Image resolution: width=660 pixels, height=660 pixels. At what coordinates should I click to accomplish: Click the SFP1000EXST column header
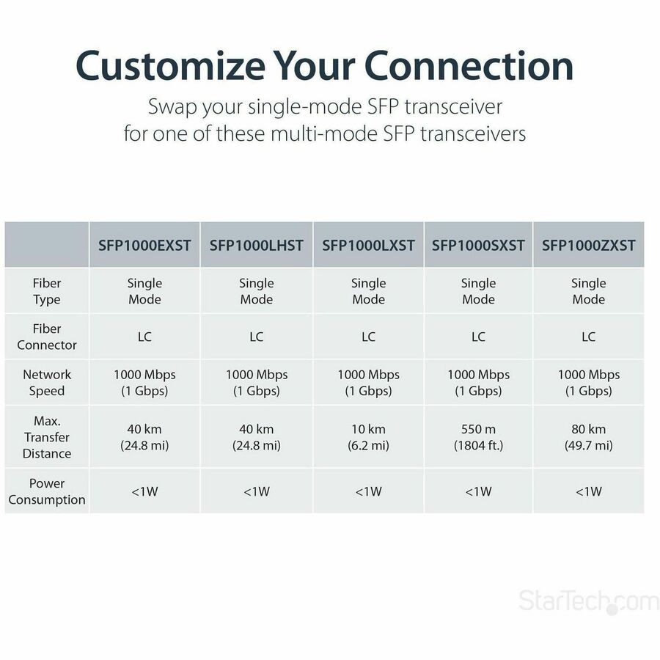(x=144, y=245)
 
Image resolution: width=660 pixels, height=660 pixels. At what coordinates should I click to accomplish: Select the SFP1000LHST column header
(x=256, y=245)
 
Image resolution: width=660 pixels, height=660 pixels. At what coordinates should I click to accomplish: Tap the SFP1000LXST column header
(x=368, y=245)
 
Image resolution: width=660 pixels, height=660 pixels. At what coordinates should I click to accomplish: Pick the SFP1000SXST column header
(x=478, y=245)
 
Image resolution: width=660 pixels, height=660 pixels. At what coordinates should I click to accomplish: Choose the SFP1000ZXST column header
(x=588, y=245)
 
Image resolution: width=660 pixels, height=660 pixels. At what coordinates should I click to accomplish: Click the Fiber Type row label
(x=47, y=291)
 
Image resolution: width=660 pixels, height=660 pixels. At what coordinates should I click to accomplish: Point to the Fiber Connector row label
(x=47, y=337)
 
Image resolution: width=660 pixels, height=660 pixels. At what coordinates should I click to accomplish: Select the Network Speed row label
(x=47, y=382)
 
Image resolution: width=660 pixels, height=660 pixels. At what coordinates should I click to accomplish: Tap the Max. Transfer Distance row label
(x=47, y=437)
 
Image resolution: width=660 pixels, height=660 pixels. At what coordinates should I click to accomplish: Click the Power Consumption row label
(x=47, y=491)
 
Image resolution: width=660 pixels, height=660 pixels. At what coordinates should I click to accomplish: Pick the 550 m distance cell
(x=478, y=437)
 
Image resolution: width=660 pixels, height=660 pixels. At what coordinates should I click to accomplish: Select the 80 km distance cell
(x=588, y=437)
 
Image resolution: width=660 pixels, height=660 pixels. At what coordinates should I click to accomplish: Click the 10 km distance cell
(x=368, y=437)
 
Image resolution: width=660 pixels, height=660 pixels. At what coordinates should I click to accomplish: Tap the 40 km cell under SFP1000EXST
(x=144, y=437)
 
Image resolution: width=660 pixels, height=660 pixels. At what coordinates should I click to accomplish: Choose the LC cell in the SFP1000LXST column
(x=368, y=337)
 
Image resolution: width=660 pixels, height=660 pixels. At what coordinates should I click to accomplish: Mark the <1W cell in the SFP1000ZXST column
(x=588, y=491)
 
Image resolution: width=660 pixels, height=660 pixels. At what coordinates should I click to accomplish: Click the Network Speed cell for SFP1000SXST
(x=478, y=382)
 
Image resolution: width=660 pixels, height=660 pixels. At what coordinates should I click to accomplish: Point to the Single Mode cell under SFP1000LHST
(x=256, y=291)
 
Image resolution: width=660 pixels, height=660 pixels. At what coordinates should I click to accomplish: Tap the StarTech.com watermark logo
(x=588, y=601)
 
